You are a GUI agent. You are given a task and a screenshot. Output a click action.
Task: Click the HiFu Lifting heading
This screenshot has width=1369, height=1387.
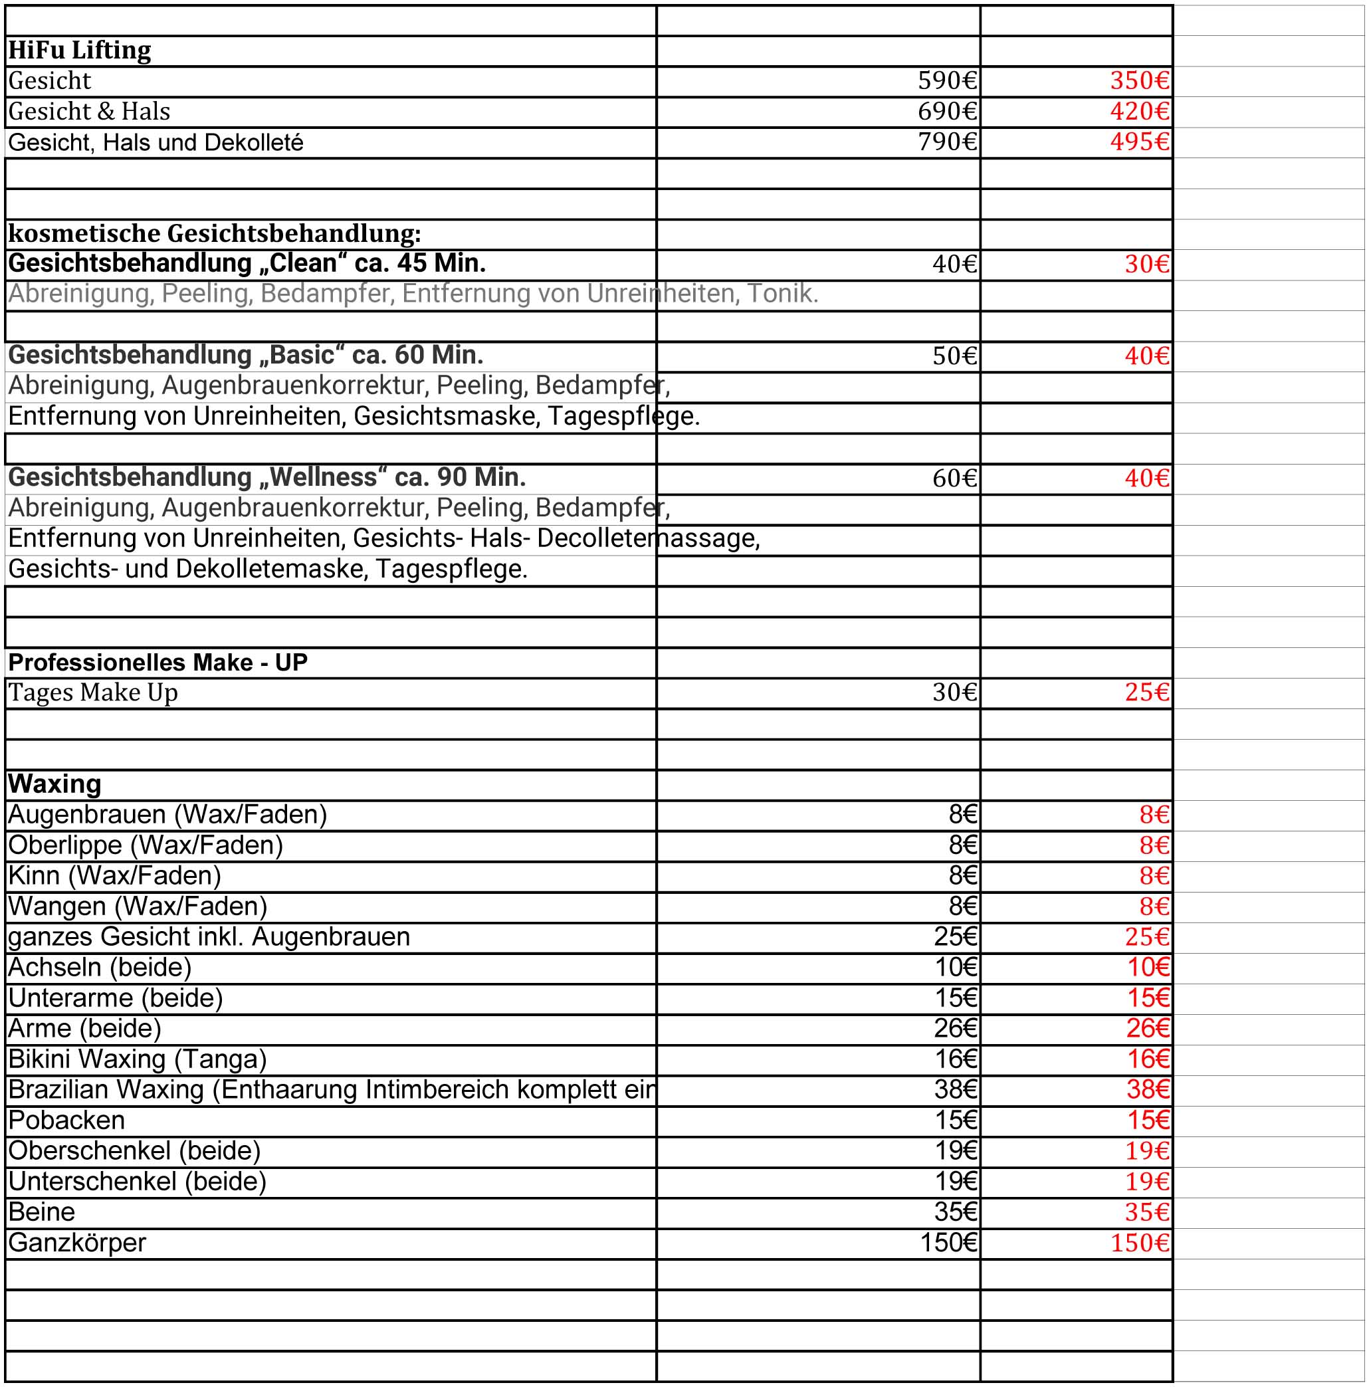coord(80,51)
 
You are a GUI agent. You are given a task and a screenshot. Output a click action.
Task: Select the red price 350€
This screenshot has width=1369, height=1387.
coord(1139,80)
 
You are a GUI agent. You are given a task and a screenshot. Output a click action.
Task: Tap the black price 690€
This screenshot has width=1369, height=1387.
coord(947,111)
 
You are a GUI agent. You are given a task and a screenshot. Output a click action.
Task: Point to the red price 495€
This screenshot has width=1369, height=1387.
coord(1139,142)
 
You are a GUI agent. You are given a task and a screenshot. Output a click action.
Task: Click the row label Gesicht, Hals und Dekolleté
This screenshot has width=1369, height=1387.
coord(156,143)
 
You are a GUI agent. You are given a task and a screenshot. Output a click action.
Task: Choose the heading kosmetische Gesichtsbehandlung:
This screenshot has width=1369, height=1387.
coord(214,233)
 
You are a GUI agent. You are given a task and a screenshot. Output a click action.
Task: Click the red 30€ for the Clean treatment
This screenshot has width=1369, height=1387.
coord(1146,265)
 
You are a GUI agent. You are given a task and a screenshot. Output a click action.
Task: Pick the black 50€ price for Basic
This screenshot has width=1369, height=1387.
coord(954,356)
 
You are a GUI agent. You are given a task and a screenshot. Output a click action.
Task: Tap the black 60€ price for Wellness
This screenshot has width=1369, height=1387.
coord(954,478)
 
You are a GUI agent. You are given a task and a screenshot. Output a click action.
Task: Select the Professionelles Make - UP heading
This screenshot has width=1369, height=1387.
coord(158,662)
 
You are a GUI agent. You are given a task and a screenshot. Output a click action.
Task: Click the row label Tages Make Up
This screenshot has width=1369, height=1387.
coord(92,693)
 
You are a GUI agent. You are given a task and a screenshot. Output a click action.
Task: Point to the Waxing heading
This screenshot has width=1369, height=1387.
coord(54,784)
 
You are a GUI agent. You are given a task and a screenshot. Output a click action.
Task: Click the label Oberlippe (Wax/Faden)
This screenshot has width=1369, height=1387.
coord(145,845)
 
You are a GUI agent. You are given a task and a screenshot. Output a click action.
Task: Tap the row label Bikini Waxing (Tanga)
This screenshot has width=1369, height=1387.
coord(137,1059)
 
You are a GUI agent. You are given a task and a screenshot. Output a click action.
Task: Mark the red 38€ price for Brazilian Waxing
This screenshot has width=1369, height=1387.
coord(1147,1090)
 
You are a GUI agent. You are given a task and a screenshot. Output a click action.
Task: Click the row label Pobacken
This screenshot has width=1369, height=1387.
coord(66,1120)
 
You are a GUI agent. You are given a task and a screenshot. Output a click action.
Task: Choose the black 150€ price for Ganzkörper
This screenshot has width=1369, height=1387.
coord(948,1243)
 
